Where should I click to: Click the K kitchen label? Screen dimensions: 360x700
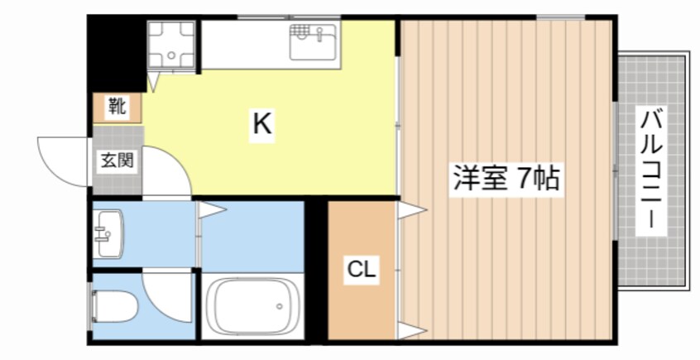(x=261, y=126)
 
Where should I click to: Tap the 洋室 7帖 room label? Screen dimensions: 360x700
(x=504, y=179)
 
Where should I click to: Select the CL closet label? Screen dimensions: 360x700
(x=361, y=269)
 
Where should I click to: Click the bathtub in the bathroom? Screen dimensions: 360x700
(x=252, y=307)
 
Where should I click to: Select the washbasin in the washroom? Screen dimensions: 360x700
(x=108, y=233)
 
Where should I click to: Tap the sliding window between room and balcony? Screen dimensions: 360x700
(x=615, y=170)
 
